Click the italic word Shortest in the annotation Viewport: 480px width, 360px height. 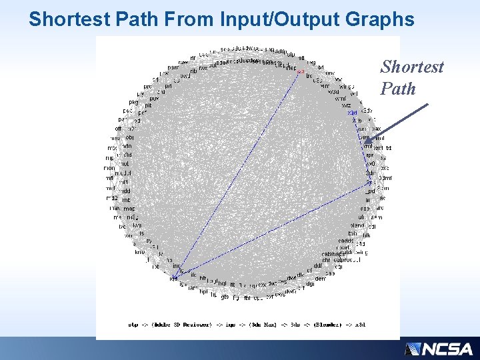[411, 67]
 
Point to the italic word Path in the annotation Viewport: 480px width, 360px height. [398, 89]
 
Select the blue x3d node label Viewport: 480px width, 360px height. [353, 113]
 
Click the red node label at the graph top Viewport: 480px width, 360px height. [300, 71]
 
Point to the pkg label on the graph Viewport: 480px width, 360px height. [133, 102]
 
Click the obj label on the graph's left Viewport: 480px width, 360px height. [129, 137]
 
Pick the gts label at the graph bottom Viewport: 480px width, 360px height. [225, 297]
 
